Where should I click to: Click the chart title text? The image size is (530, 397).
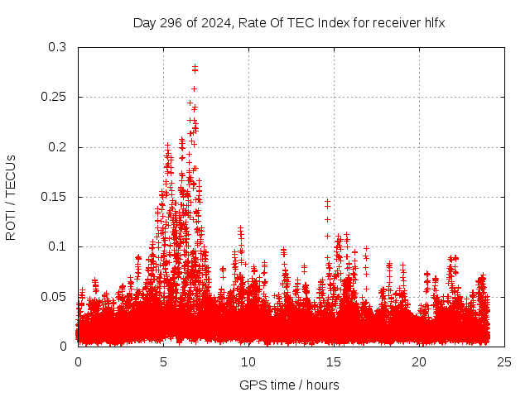coord(289,22)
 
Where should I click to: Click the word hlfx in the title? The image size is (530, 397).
coord(433,22)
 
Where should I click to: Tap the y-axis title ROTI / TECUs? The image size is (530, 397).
coord(11,197)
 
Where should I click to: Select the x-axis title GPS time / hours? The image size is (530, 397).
coord(289,385)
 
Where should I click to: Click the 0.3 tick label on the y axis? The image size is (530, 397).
coord(57,47)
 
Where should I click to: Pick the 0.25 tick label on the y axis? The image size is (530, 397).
coord(54,97)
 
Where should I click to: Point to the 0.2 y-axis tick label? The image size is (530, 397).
coord(57,147)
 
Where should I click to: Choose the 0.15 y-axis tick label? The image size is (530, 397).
coord(54,197)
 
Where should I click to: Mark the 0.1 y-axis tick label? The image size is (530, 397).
coord(57,246)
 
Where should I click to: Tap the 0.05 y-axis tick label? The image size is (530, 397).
coord(54,296)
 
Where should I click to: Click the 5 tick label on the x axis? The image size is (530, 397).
coord(163,362)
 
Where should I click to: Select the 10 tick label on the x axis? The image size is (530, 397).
coord(248,362)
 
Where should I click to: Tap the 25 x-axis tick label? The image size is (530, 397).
coord(504,362)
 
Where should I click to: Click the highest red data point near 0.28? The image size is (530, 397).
coord(195,66)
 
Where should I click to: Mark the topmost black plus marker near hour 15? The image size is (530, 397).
coord(327,201)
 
